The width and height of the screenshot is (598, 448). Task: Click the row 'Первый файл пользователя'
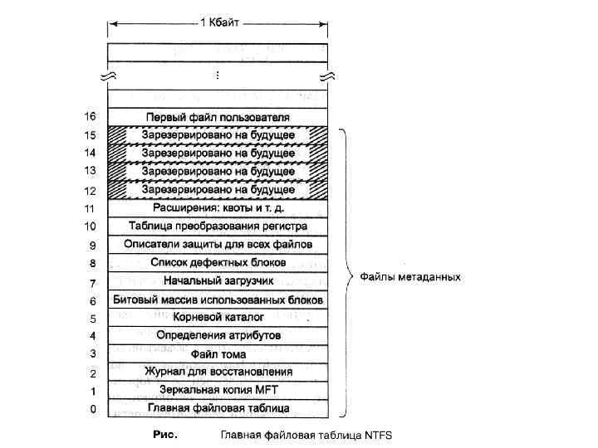[218, 116]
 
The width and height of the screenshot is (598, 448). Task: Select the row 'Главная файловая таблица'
[218, 407]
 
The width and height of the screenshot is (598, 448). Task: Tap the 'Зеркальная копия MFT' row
[218, 389]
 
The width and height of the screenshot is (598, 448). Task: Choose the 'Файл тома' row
[218, 353]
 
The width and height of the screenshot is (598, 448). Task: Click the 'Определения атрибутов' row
[218, 335]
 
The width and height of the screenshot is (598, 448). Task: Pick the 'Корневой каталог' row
[218, 317]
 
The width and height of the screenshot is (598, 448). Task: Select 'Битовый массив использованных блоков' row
[218, 299]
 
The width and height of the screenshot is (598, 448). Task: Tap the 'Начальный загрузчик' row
[218, 280]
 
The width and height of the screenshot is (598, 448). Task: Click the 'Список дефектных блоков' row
[218, 262]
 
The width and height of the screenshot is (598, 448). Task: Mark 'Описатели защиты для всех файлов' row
[218, 244]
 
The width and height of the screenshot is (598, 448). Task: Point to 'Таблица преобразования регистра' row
[218, 226]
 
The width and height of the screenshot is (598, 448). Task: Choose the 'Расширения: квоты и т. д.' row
[218, 207]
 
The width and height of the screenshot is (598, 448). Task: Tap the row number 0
[93, 408]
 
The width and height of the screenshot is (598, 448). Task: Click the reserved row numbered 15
[218, 134]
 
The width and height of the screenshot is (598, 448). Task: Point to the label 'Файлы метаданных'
[409, 277]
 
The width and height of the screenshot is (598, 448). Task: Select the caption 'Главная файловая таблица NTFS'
[305, 434]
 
